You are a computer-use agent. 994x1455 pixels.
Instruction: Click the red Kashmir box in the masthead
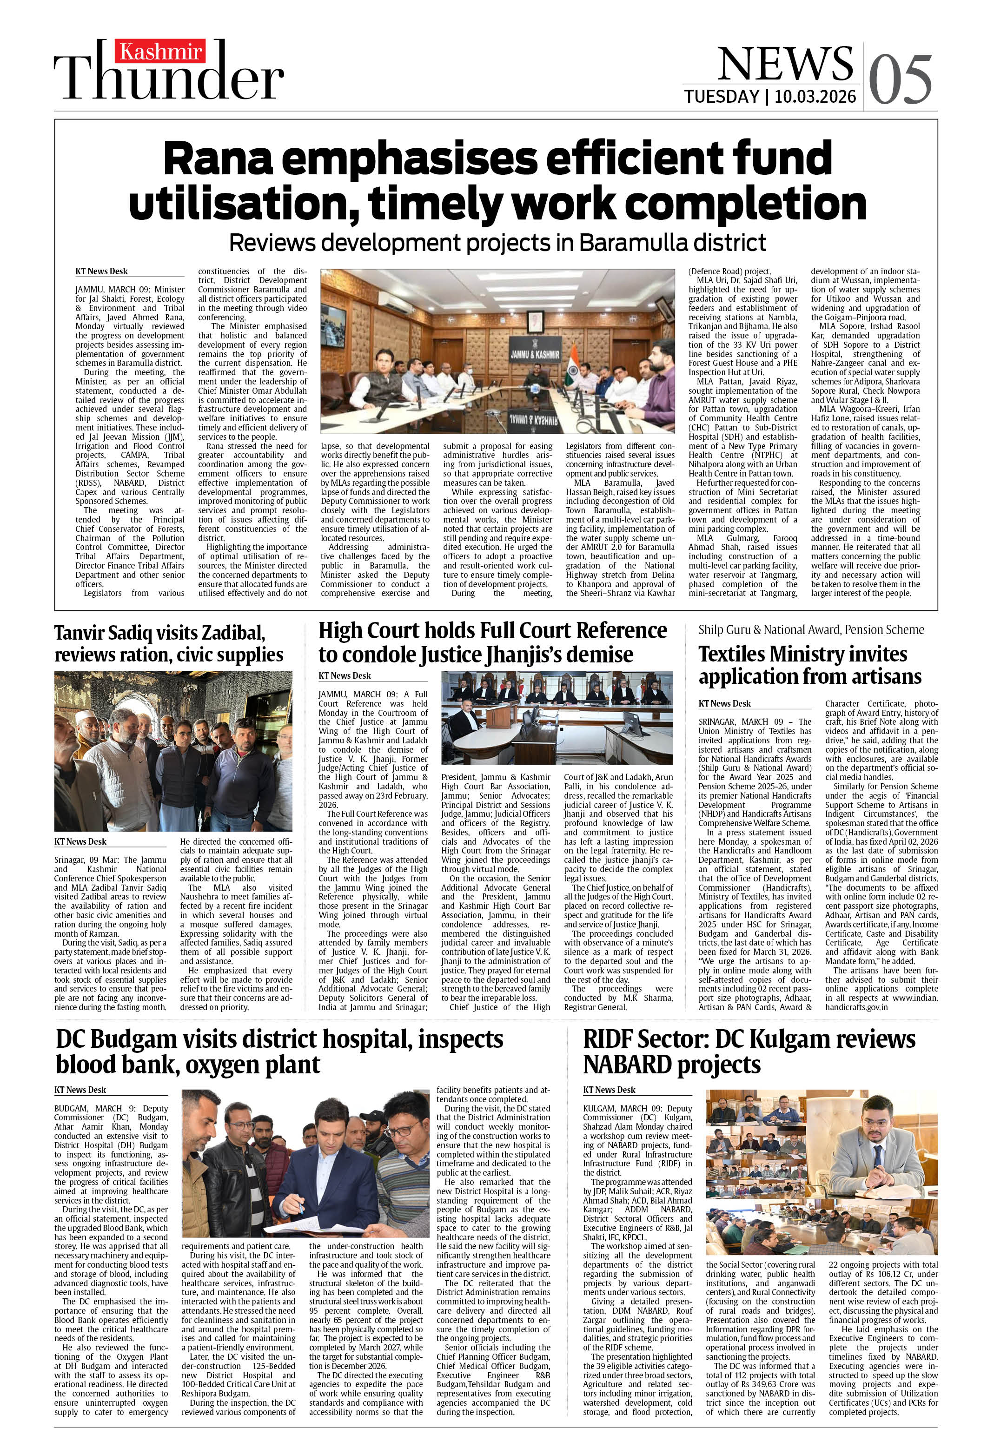161,51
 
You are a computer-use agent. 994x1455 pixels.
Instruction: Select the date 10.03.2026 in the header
815,96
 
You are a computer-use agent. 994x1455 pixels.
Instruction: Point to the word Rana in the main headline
217,159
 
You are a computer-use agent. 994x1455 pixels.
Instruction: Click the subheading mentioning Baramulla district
497,242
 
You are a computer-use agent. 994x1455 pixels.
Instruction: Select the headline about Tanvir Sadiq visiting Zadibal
168,643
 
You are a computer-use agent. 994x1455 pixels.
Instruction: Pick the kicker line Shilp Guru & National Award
811,629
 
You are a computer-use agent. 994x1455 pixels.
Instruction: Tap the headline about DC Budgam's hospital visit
279,1052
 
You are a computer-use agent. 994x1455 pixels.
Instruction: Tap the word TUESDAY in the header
721,96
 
